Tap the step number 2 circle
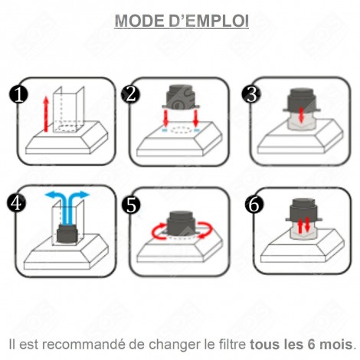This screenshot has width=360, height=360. click(131, 93)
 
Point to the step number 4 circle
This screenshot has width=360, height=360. click(17, 204)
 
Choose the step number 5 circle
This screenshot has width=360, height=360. click(131, 204)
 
